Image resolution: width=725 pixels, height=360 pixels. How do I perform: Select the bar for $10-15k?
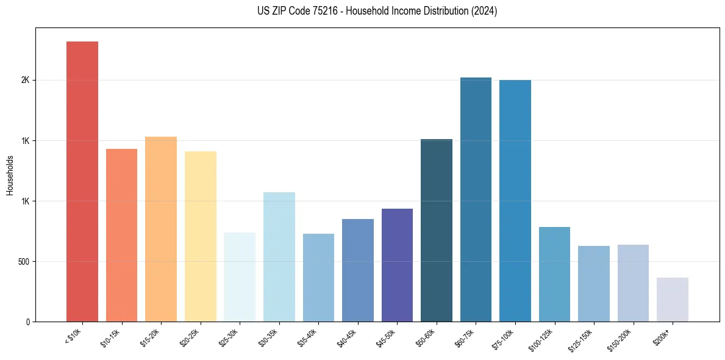tap(121, 235)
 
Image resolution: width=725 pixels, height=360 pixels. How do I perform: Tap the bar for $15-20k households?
tap(161, 229)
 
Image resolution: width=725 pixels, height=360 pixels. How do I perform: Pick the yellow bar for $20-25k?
tap(201, 236)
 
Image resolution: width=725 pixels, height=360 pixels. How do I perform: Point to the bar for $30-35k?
tap(279, 257)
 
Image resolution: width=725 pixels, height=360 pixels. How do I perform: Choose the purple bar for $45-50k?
tap(397, 265)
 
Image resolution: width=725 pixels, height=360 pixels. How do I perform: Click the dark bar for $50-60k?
tap(437, 230)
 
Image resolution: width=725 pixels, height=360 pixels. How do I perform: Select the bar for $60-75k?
tap(476, 200)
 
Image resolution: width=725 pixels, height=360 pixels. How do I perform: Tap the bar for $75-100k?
tap(515, 201)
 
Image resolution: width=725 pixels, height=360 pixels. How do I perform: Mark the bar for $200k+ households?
tap(673, 300)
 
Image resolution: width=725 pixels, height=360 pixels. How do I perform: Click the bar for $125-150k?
tap(594, 284)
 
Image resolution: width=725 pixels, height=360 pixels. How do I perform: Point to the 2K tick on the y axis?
tap(26, 81)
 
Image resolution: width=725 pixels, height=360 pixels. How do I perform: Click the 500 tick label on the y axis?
tap(23, 262)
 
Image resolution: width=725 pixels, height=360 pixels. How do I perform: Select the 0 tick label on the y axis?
tap(28, 322)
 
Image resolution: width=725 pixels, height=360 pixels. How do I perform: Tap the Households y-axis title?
tap(10, 175)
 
